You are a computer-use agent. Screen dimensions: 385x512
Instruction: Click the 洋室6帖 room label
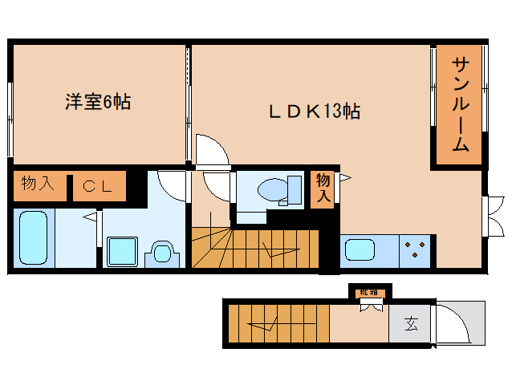pos(98,103)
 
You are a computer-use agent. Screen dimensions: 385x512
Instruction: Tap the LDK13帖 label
pos(313,112)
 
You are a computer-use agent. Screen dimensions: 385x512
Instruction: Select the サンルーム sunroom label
pos(460,104)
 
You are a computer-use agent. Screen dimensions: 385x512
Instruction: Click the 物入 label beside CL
pos(38,186)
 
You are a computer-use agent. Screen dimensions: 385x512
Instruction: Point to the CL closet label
pos(99,187)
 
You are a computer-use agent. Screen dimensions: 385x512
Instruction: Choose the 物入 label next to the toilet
pos(323,188)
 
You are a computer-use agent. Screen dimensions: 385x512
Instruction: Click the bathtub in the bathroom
pos(35,239)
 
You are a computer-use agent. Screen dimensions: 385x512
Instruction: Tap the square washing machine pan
pos(122,251)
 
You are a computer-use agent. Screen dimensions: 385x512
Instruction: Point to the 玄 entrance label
pos(411,325)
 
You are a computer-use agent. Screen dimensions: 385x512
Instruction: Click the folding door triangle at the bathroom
pos(90,217)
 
